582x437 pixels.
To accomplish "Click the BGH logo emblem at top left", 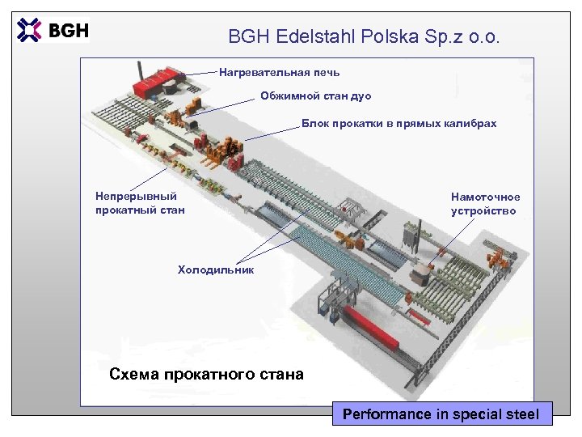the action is coord(29,30).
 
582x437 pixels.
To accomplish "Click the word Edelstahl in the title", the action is coord(311,36).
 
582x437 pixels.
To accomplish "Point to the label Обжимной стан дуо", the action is coord(315,96).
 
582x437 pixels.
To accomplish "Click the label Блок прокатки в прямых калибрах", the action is coord(399,124).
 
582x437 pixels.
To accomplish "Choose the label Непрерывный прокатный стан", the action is coord(140,203).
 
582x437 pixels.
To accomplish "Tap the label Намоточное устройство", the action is coord(485,203).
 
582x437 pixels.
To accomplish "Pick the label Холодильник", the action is coord(216,269).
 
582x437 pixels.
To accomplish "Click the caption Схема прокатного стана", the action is coord(206,374).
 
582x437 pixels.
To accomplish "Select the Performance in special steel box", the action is coord(441,414).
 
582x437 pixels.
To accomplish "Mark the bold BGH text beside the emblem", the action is coord(69,31).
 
